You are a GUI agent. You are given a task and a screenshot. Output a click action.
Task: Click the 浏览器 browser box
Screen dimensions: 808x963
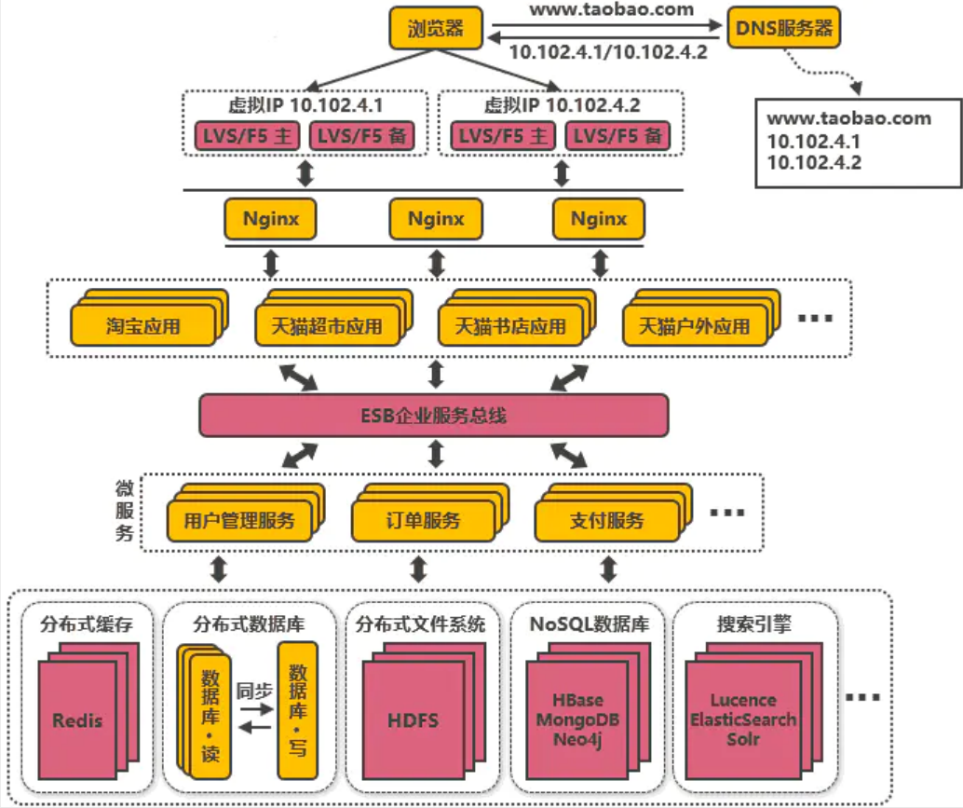(x=435, y=28)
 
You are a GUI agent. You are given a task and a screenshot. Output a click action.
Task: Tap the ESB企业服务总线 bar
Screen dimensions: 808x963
(x=434, y=415)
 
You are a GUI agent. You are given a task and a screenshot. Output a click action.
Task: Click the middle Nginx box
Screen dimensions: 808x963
(x=435, y=219)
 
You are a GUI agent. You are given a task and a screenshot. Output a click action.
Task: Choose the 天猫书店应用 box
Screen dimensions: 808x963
(x=509, y=327)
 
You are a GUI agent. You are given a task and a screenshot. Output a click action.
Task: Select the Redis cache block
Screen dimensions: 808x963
(x=77, y=719)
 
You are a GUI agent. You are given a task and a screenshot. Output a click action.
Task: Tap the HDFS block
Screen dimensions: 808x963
(x=413, y=719)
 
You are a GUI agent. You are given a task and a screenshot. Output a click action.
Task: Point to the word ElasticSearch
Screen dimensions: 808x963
(x=742, y=719)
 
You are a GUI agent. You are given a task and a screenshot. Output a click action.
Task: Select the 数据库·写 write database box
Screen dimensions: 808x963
(x=298, y=708)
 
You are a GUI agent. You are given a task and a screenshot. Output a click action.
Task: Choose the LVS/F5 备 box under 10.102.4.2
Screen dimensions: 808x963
(x=617, y=136)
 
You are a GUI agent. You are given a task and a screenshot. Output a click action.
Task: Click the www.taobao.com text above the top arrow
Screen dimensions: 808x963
(x=611, y=10)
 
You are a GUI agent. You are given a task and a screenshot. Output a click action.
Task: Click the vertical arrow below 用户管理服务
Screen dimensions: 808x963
(x=219, y=568)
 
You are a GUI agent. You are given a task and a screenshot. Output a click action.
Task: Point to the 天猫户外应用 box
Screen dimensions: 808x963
(x=694, y=327)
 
